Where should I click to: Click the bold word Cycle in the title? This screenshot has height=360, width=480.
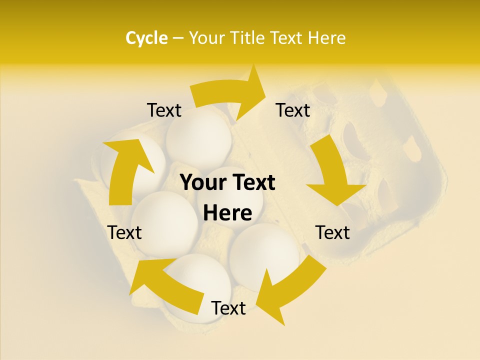click(146, 37)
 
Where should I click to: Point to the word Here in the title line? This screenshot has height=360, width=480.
click(324, 37)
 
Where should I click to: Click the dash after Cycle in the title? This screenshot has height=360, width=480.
click(178, 38)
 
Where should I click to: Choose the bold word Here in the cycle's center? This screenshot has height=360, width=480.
click(227, 213)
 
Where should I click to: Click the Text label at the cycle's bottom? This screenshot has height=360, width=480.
click(228, 308)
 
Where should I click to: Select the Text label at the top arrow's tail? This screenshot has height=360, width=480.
click(164, 110)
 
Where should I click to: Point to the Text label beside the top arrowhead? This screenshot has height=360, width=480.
click(293, 110)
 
